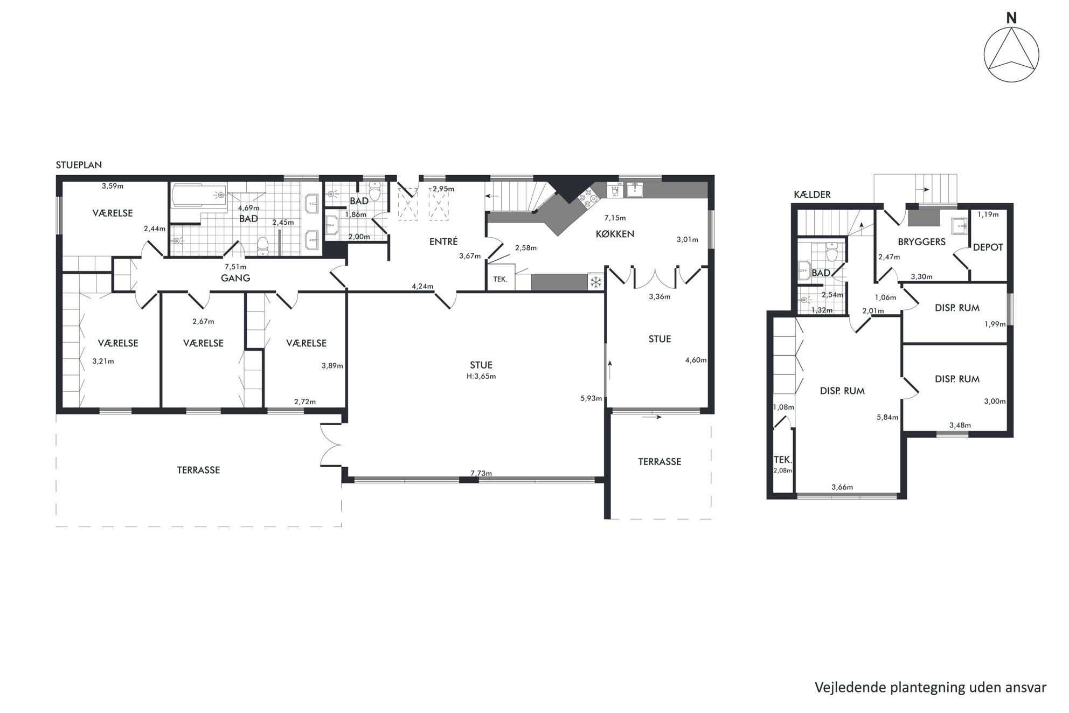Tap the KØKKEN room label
click(615, 234)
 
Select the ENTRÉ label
click(443, 242)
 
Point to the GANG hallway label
click(235, 278)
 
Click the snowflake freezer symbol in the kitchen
click(596, 282)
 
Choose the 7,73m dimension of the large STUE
click(481, 473)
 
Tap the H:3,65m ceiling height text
click(481, 376)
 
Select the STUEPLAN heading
click(79, 165)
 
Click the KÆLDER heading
click(812, 195)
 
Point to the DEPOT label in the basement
click(988, 247)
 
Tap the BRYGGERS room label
click(922, 242)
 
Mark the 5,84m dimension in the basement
click(887, 417)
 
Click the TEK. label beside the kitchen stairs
click(501, 279)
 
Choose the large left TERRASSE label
click(198, 470)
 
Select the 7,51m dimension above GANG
click(235, 267)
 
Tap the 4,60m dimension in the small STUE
click(696, 360)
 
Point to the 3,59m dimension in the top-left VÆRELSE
click(113, 186)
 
